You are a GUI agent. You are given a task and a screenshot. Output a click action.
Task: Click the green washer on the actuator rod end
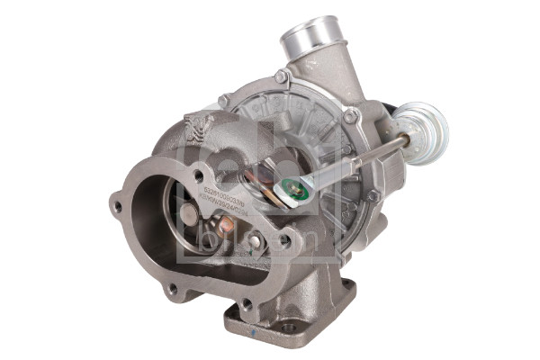(x=289, y=189)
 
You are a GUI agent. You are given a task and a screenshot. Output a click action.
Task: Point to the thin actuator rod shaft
(x=378, y=154)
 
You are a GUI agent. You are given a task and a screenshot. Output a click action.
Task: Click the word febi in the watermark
(x=256, y=148)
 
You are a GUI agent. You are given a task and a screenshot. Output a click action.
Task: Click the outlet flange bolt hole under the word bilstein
(x=285, y=240)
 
